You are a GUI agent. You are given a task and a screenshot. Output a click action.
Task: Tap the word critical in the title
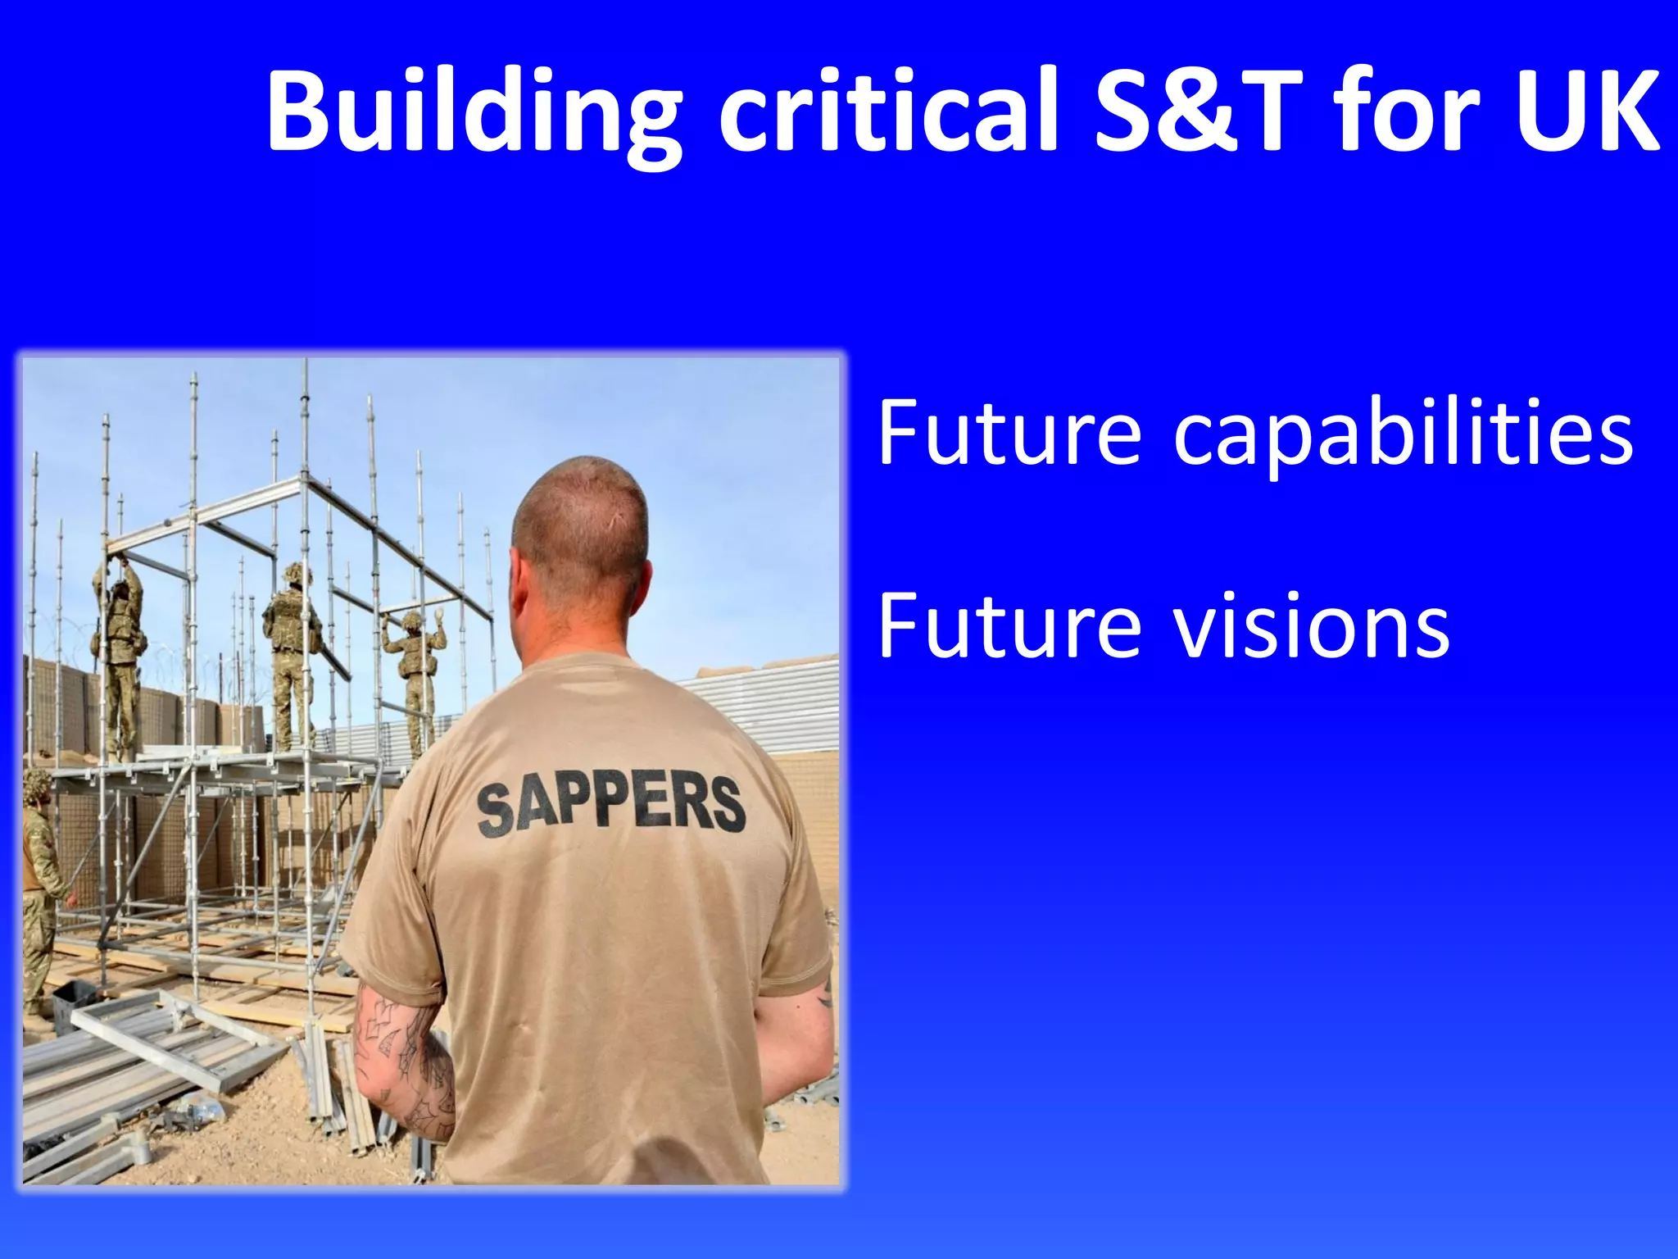pyautogui.click(x=889, y=111)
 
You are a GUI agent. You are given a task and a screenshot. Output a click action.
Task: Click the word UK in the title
pyautogui.click(x=1585, y=111)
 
